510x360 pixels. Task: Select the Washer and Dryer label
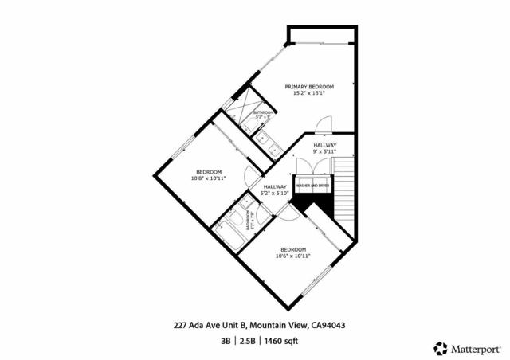[x=312, y=186]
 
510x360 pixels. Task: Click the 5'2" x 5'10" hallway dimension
[x=275, y=193]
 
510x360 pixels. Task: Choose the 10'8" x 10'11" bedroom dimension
[x=210, y=178]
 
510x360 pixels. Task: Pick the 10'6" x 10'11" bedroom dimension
[x=293, y=256]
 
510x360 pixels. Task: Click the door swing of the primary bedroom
[x=322, y=126]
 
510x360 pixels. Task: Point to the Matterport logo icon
[x=441, y=348]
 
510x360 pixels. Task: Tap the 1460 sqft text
[x=282, y=340]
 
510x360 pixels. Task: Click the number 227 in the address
[x=181, y=325]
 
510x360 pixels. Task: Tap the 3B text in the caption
[x=226, y=340]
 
